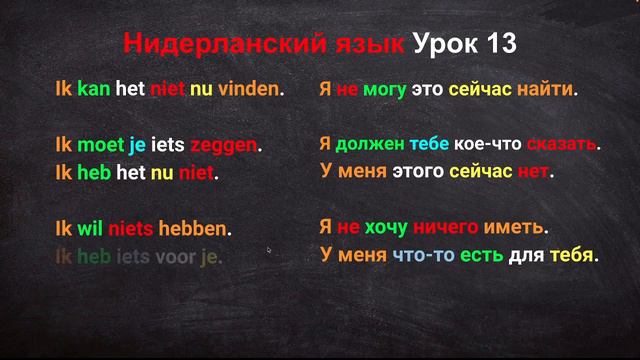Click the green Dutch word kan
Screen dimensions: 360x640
coord(96,89)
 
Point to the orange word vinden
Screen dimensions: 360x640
coord(250,89)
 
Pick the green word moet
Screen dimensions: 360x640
coord(101,145)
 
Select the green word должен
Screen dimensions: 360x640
coord(370,145)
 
